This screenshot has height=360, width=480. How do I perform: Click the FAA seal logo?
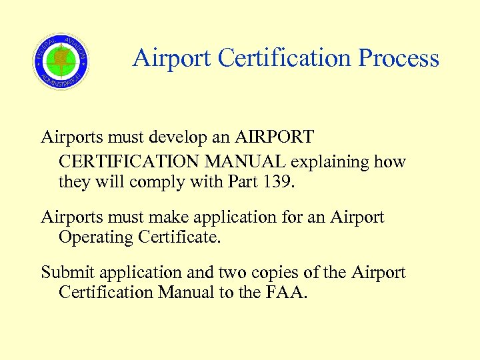pyautogui.click(x=61, y=61)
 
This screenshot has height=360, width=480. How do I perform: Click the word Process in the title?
pyautogui.click(x=399, y=59)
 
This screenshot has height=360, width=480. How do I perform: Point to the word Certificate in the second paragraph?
pyautogui.click(x=179, y=237)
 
